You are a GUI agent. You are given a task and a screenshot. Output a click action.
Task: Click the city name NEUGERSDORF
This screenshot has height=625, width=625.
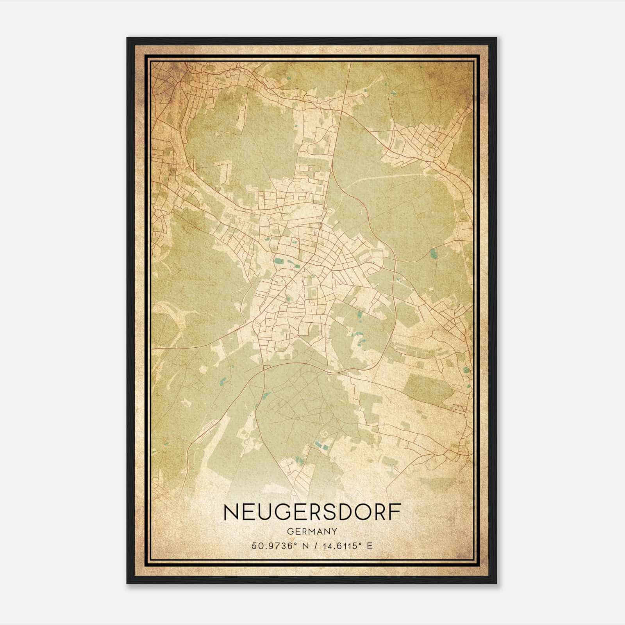[312, 512]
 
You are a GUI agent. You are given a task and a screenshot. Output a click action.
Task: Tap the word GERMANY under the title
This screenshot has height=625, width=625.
[312, 531]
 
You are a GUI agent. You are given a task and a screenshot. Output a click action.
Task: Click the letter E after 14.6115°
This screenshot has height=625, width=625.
[370, 546]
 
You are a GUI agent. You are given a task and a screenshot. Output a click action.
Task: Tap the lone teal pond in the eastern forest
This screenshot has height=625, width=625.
[433, 254]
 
